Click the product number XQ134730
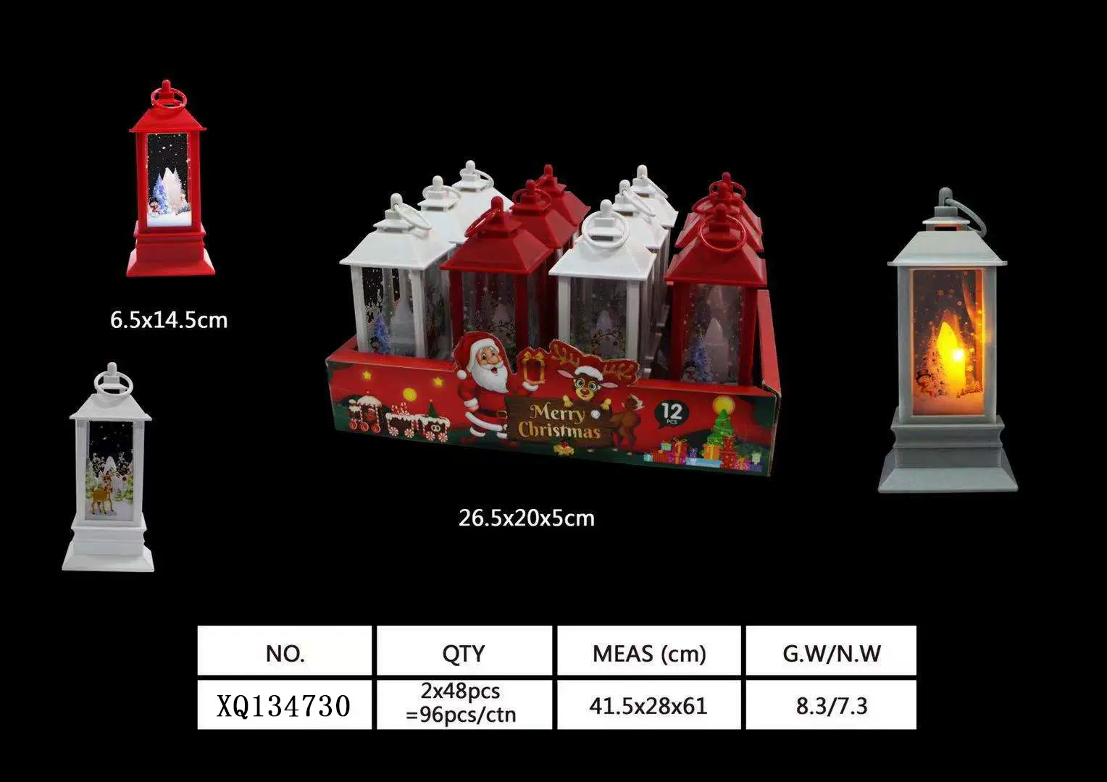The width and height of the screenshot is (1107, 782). (x=284, y=705)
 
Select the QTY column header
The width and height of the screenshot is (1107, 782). (x=464, y=653)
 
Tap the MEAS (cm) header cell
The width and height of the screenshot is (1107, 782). (x=648, y=653)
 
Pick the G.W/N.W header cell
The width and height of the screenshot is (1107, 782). (x=831, y=653)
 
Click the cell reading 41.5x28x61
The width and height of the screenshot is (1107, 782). (x=648, y=705)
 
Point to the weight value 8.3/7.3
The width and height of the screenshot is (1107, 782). (x=831, y=705)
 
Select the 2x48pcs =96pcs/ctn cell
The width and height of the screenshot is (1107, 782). (x=461, y=703)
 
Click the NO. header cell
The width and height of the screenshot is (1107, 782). (x=285, y=653)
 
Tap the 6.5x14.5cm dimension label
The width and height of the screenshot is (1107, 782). (x=169, y=320)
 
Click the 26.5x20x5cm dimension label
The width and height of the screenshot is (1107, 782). (x=527, y=518)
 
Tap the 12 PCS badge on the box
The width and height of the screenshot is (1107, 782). (x=672, y=413)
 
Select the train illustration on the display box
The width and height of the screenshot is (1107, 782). (x=366, y=415)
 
